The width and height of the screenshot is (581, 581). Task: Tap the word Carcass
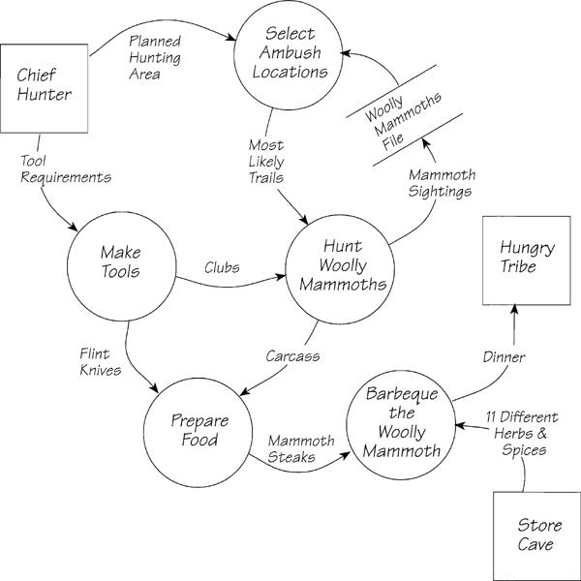(x=292, y=356)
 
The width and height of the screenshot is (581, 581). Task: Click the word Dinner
(x=503, y=357)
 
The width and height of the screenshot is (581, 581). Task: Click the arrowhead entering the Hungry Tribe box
(x=513, y=307)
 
